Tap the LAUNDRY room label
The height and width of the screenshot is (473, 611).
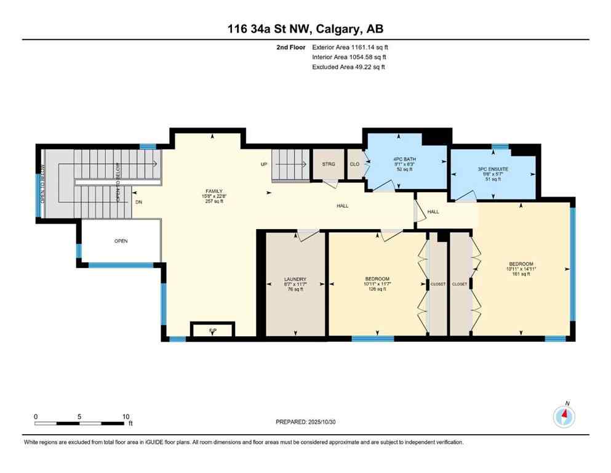click(x=295, y=279)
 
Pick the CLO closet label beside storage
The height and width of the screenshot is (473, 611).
click(x=355, y=164)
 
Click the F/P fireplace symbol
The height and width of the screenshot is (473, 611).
click(x=212, y=331)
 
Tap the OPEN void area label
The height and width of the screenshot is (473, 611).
click(x=121, y=241)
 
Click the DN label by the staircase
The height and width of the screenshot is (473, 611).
click(x=139, y=201)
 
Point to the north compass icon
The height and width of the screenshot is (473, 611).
click(x=564, y=416)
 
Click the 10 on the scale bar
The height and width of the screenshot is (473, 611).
click(x=126, y=416)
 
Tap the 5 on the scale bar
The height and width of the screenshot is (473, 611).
click(x=80, y=416)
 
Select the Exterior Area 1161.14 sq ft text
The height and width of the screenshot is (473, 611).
click(x=350, y=46)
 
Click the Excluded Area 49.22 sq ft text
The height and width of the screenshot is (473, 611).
click(x=349, y=67)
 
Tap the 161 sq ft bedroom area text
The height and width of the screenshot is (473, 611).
click(x=522, y=274)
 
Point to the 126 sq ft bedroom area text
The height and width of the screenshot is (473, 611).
click(x=377, y=289)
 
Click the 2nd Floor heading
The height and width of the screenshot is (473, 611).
click(x=291, y=46)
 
